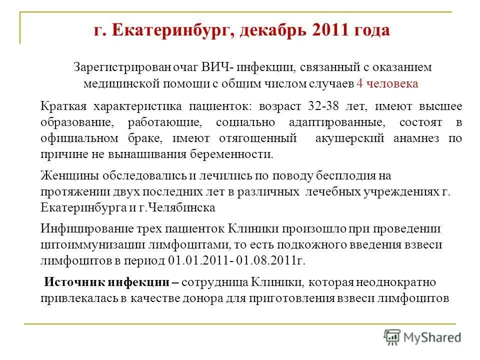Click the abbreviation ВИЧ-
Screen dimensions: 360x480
218,67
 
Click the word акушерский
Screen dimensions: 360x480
350,138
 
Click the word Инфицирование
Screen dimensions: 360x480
83,229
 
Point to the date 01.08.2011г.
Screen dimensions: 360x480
270,261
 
